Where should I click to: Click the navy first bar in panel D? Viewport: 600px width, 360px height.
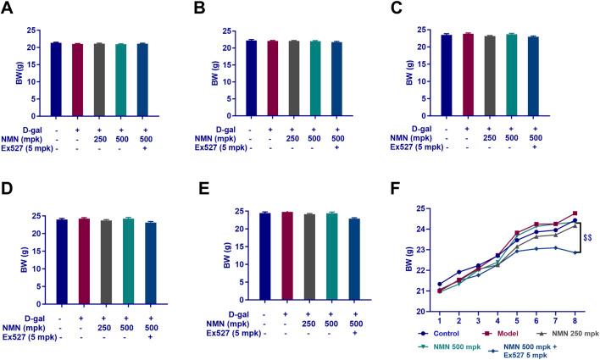pyautogui.click(x=61, y=251)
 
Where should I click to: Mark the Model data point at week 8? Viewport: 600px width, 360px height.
pyautogui.click(x=575, y=213)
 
